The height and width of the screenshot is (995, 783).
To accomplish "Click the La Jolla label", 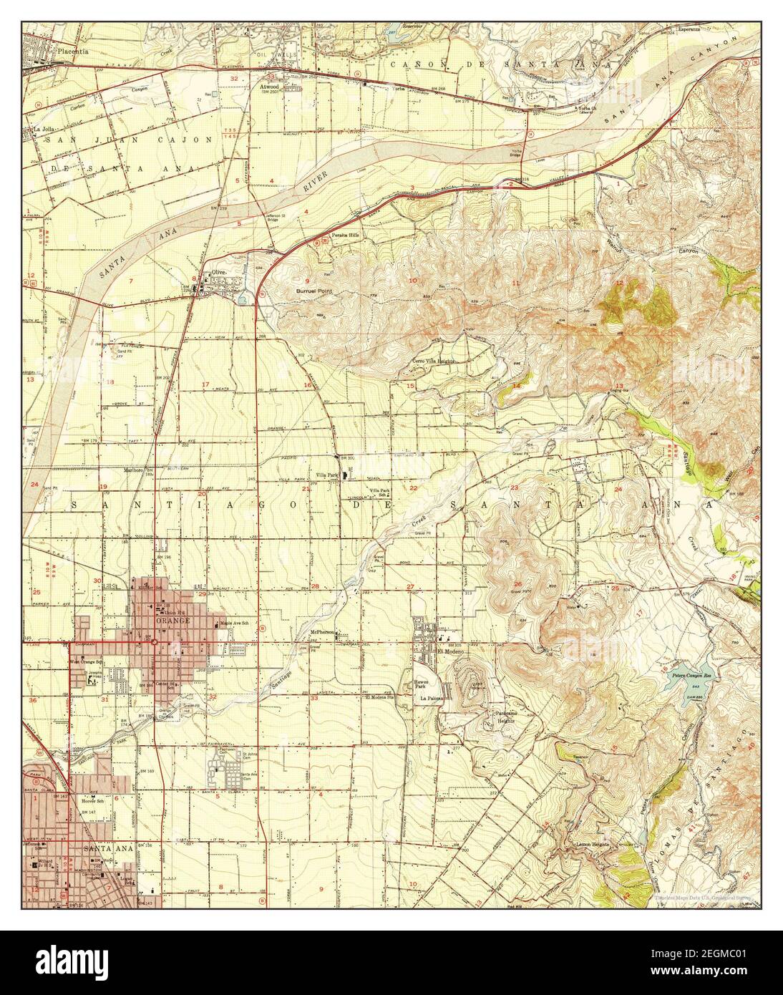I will coord(44,130).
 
